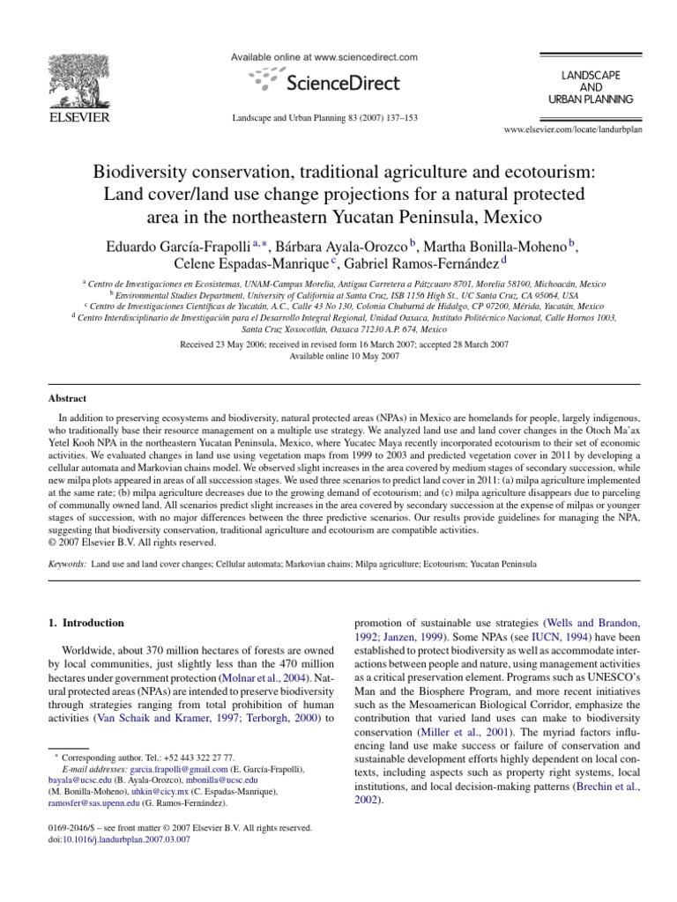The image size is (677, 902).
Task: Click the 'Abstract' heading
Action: click(x=68, y=400)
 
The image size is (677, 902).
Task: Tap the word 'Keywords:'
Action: click(x=67, y=562)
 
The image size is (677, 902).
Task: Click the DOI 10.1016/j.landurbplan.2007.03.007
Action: click(x=129, y=840)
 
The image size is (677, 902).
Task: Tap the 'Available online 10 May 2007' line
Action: click(x=338, y=356)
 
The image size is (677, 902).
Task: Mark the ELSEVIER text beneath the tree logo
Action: click(x=78, y=117)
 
